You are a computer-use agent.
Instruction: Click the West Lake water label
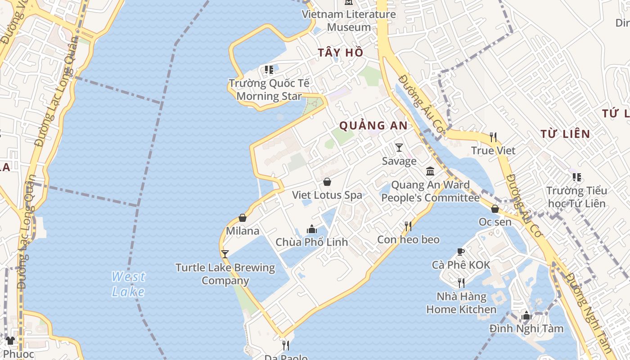(129, 284)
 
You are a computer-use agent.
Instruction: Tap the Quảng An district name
(373, 126)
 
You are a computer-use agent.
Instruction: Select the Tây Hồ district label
(341, 53)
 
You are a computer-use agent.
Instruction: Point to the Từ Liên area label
(565, 134)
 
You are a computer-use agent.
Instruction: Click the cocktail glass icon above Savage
(399, 147)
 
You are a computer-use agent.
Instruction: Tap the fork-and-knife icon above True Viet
(493, 137)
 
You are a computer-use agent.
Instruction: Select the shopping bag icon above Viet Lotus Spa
(327, 182)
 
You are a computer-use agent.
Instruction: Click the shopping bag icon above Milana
(243, 218)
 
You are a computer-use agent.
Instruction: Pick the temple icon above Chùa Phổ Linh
(311, 229)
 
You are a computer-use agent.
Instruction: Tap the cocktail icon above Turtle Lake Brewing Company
(225, 254)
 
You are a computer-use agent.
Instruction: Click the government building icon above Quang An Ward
(430, 171)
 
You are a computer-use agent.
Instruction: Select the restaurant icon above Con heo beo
(408, 226)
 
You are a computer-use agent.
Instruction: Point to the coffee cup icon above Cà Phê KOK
(461, 252)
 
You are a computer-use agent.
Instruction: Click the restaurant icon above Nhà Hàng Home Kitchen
(461, 283)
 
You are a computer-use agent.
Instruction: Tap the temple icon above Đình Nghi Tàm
(526, 315)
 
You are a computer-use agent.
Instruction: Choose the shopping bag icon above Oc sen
(495, 209)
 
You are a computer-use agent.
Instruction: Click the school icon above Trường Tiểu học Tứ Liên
(576, 177)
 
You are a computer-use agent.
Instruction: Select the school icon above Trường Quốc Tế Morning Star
(269, 70)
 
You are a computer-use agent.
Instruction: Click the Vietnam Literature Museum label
(349, 21)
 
